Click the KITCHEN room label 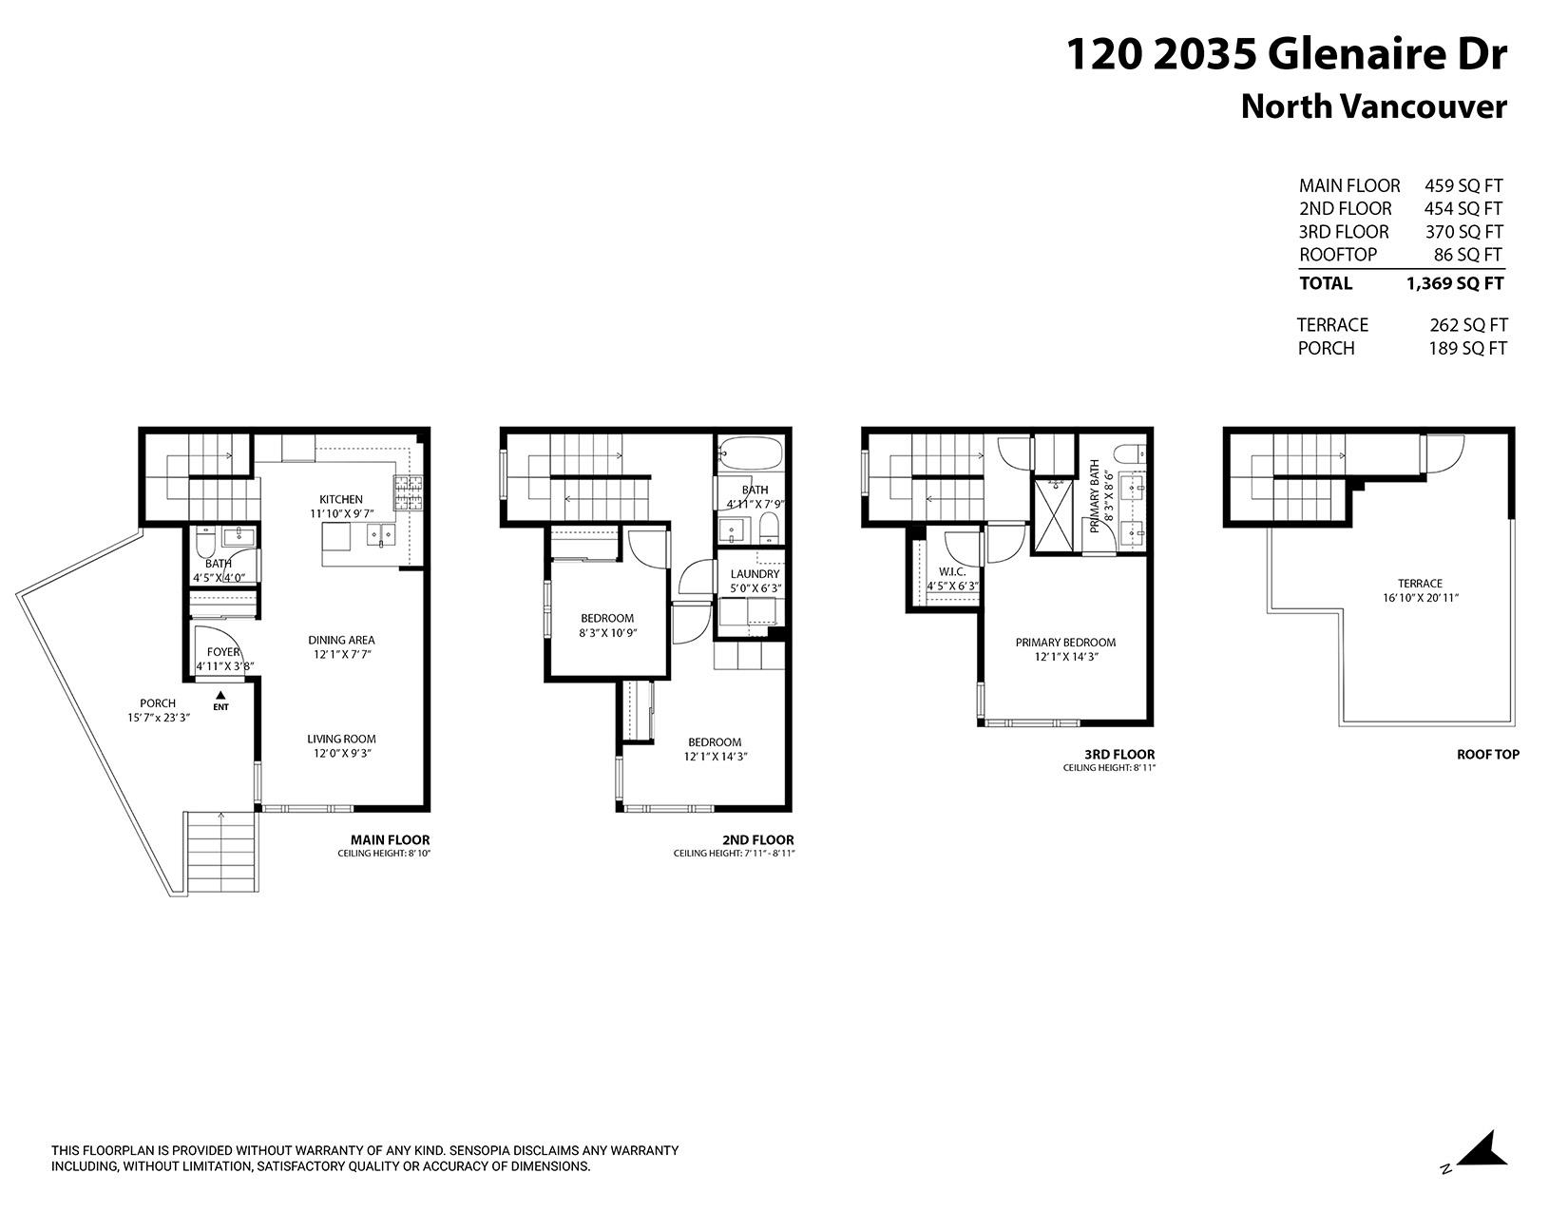[x=340, y=499]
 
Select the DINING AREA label [x=341, y=640]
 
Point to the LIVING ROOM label [x=341, y=739]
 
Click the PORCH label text [x=158, y=703]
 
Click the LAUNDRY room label [x=755, y=574]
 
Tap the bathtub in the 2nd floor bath [x=751, y=454]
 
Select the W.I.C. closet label [x=951, y=571]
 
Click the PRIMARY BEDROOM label [x=1065, y=643]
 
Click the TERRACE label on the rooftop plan [x=1420, y=584]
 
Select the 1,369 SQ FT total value [x=1455, y=283]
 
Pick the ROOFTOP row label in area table [x=1337, y=255]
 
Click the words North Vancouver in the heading [x=1373, y=106]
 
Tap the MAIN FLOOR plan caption [x=390, y=840]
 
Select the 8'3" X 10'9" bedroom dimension [x=607, y=633]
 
